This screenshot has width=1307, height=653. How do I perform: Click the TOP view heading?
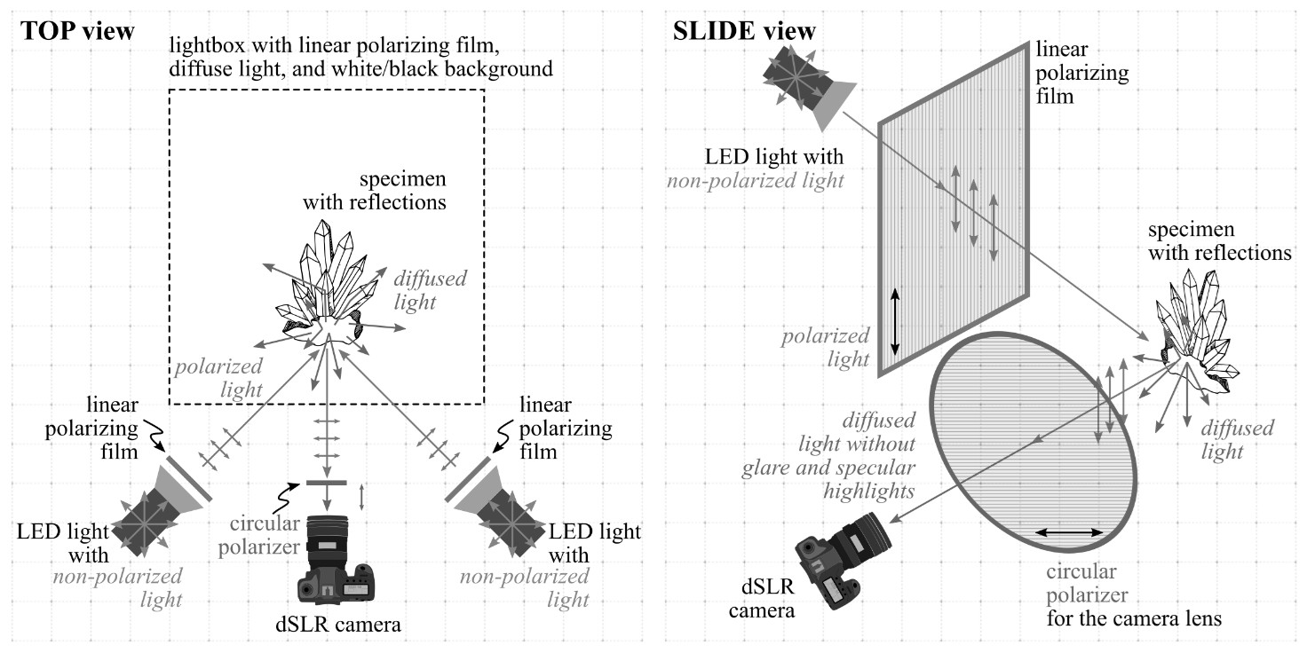click(x=77, y=31)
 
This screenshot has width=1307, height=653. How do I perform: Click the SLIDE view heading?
click(x=745, y=31)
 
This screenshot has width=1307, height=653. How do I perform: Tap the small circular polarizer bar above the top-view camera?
click(x=329, y=483)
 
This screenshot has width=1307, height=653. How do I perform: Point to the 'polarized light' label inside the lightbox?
click(x=218, y=377)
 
